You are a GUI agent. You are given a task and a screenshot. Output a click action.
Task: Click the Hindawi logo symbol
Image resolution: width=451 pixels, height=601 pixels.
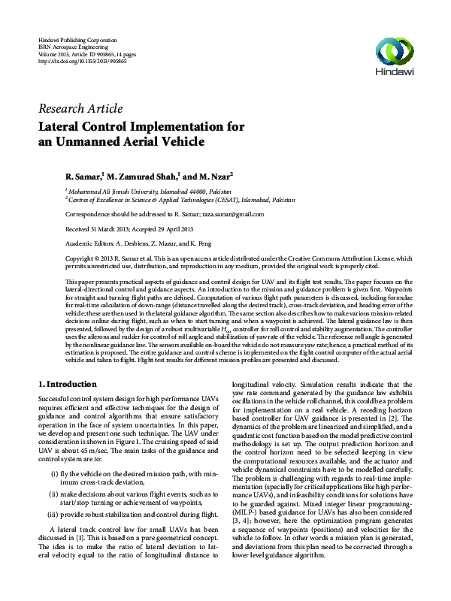point(397,52)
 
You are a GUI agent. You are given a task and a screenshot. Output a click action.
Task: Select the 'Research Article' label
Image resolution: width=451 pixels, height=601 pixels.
point(80,108)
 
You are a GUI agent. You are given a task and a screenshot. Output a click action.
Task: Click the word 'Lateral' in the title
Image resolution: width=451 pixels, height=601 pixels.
point(64,126)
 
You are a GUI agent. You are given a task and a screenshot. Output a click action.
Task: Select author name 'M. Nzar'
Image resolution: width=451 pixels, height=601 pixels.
point(215,177)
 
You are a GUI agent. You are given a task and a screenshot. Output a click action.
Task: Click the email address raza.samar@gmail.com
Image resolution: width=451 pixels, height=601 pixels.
point(223,215)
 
